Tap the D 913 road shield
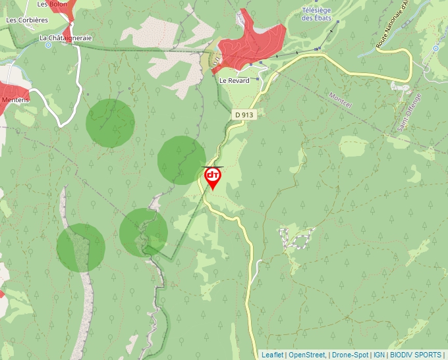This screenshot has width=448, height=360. pyautogui.click(x=243, y=115)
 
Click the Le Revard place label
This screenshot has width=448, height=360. pyautogui.click(x=234, y=81)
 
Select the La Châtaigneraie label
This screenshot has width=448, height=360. pyautogui.click(x=65, y=38)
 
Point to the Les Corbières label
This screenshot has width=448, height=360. pyautogui.click(x=27, y=20)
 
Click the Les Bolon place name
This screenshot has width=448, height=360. pyautogui.click(x=52, y=4)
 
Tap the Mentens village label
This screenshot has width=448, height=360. pyautogui.click(x=16, y=99)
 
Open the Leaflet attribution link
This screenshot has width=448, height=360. pyautogui.click(x=272, y=355)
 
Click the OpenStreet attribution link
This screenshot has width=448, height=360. pyautogui.click(x=306, y=355)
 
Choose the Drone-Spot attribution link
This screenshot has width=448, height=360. pyautogui.click(x=350, y=355)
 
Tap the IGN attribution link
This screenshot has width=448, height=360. pyautogui.click(x=379, y=355)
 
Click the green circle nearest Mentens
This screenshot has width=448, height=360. pyautogui.click(x=110, y=123)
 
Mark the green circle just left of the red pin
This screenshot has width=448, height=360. pyautogui.click(x=181, y=160)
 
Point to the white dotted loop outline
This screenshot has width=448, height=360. pyautogui.click(x=294, y=238)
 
